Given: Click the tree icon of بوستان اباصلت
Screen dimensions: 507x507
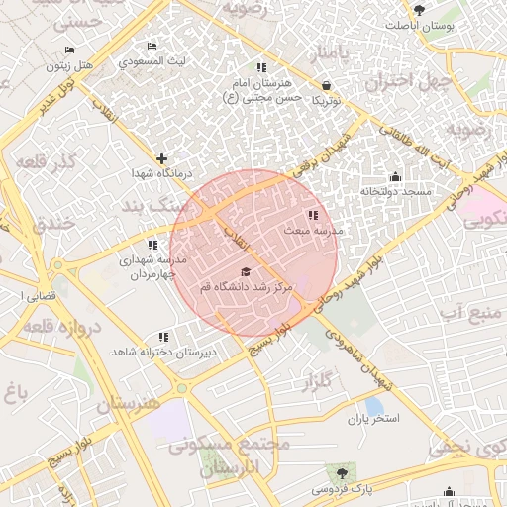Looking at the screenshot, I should coord(420,10).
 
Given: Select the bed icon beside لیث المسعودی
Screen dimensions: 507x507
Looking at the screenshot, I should coord(152,47).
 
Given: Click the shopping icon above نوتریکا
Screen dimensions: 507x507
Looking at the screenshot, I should coord(327,85).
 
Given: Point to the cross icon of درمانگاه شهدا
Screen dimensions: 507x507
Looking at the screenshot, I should coord(162,158).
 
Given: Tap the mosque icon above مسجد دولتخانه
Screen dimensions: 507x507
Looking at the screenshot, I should coord(395,176).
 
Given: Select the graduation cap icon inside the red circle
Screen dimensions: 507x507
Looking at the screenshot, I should coord(245,271).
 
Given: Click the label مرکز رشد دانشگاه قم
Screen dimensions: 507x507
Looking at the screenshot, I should coord(245,286).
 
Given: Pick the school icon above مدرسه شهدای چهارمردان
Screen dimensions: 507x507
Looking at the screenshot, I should coord(152,244).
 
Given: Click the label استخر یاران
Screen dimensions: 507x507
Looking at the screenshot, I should coord(372,419).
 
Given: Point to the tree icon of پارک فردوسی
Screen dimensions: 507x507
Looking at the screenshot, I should coord(343,473).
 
